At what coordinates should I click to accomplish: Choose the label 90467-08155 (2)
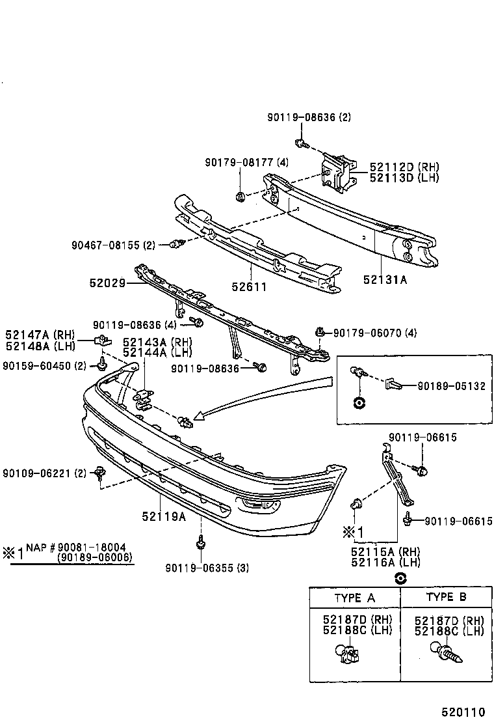pos(114,245)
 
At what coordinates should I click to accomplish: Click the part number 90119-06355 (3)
pos(207,568)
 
